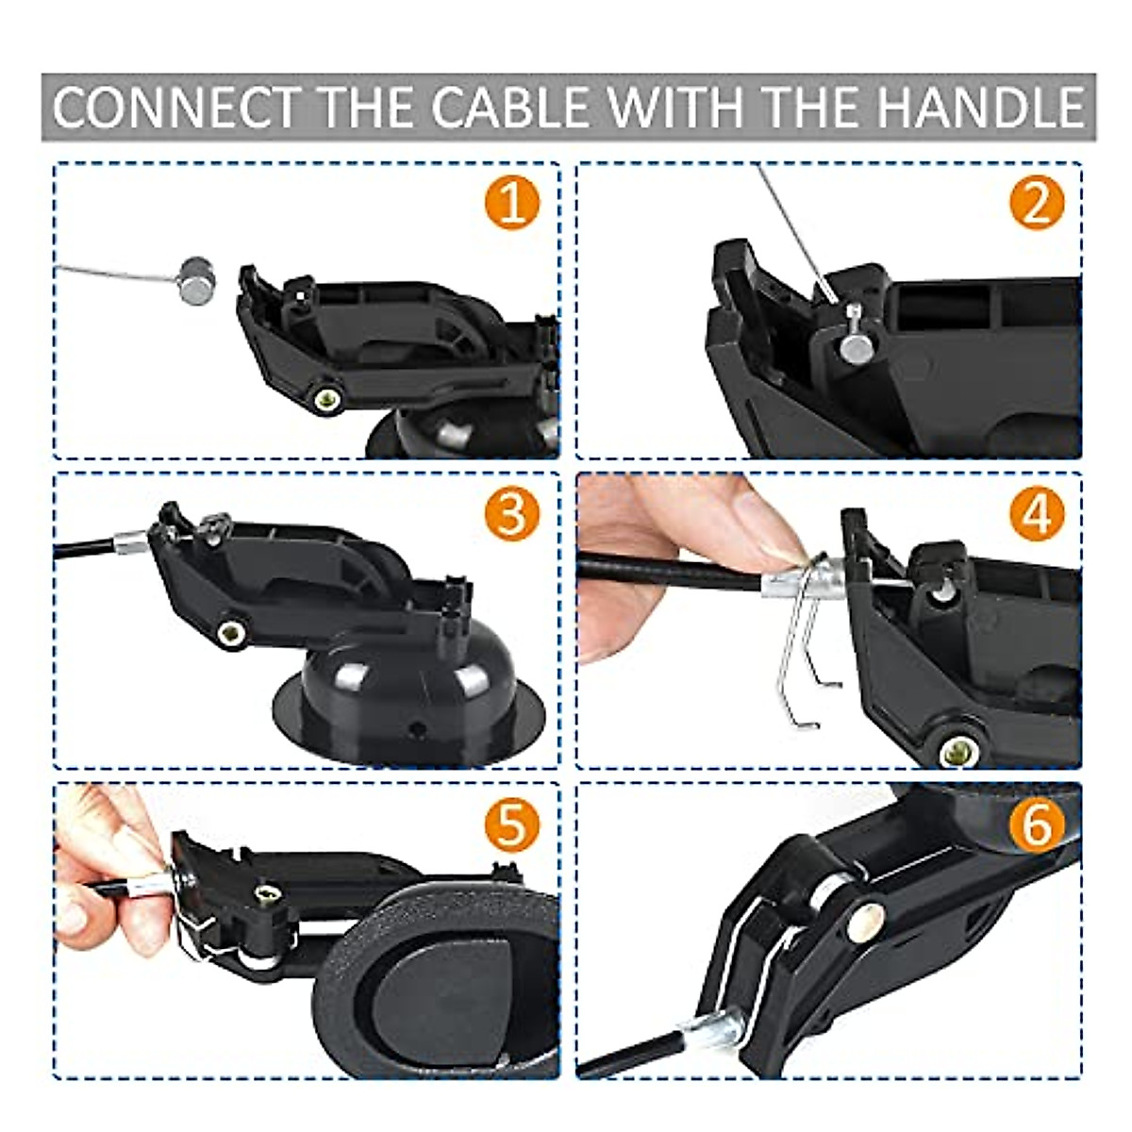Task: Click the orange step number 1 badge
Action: [x=512, y=205]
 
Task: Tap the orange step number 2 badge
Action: [x=1036, y=205]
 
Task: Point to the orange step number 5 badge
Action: [x=512, y=824]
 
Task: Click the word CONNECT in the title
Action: [x=175, y=108]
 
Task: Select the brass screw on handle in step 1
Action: [x=328, y=399]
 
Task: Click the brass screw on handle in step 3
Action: [x=228, y=631]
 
